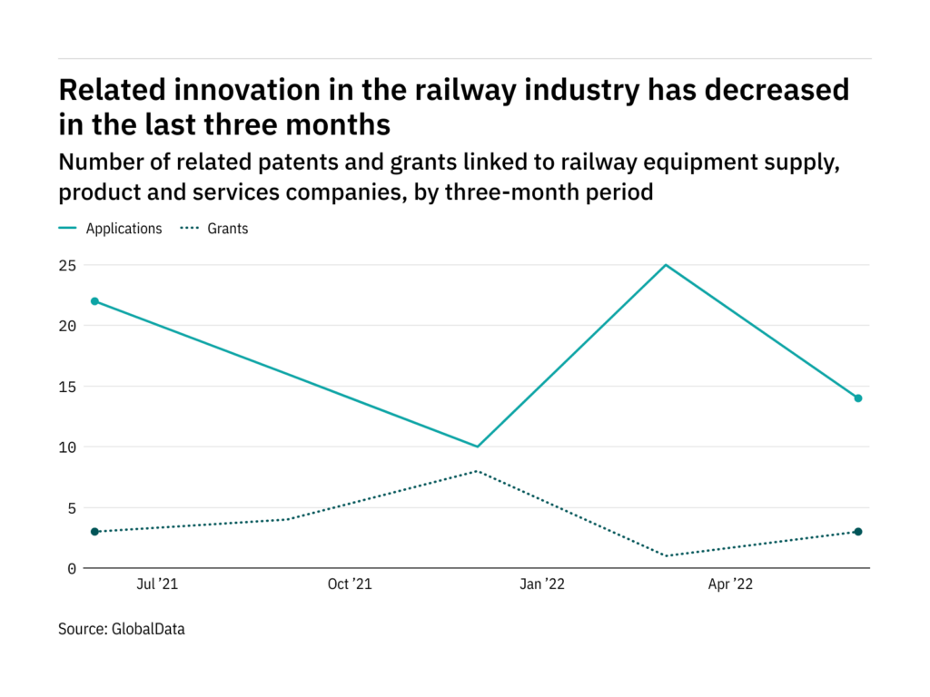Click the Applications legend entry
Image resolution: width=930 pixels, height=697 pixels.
[124, 229]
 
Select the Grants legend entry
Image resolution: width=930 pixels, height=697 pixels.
[227, 229]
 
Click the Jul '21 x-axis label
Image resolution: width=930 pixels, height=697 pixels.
[157, 585]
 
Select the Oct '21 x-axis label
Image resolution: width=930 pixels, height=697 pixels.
[350, 585]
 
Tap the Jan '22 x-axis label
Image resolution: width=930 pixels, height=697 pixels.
[542, 585]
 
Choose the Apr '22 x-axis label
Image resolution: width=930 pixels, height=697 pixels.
[730, 585]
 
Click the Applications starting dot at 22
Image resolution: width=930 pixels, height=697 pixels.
[94, 301]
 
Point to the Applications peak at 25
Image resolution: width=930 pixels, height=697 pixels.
[667, 265]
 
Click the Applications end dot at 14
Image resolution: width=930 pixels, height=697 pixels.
[857, 398]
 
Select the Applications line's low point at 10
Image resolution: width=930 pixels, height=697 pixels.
[476, 447]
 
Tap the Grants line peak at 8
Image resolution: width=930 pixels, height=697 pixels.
[476, 471]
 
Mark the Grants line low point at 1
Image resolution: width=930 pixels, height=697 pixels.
[667, 555]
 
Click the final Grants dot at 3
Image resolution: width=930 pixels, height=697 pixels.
[857, 532]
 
